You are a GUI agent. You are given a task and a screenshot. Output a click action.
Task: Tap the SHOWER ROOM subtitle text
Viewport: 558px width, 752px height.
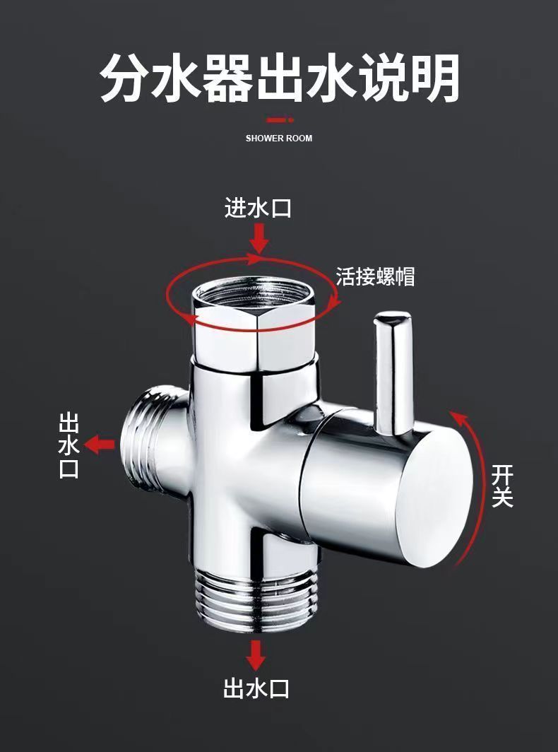tap(279, 138)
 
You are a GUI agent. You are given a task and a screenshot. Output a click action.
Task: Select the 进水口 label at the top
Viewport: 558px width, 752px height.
tap(258, 208)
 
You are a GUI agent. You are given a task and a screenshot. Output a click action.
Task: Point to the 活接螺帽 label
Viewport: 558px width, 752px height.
tap(375, 276)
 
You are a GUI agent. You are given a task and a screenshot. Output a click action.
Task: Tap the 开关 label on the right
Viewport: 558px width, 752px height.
tap(502, 486)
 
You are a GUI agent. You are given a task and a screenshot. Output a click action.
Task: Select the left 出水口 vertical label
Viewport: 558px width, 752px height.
tap(69, 446)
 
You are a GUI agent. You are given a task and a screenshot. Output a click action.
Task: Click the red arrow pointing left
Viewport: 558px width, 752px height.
tap(100, 445)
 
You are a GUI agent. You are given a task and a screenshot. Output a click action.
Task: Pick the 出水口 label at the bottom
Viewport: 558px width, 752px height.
tap(256, 688)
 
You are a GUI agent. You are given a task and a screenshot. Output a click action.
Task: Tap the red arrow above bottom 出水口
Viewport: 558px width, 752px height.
tap(256, 654)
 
